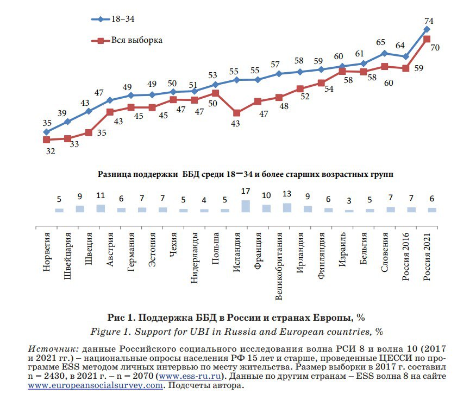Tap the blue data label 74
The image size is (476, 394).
pos(428,21)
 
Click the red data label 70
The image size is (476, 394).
pos(435,48)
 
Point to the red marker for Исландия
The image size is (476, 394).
pos(237,113)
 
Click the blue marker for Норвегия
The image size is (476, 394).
pos(47,132)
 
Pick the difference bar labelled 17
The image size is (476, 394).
pos(246,206)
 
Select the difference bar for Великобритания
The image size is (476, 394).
pos(287,207)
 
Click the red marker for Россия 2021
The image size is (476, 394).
pos(427,39)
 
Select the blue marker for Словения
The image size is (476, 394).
pos(384,53)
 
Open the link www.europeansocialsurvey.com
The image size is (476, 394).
pos(95,385)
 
